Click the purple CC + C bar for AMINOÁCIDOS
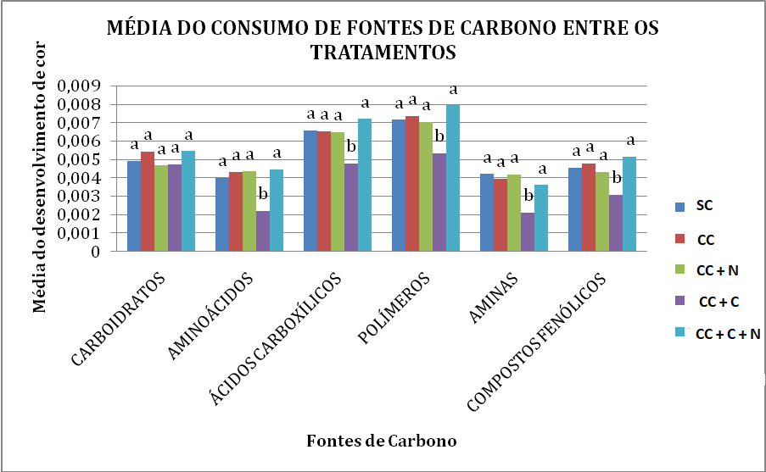(263, 231)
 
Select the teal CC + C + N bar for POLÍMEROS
(453, 178)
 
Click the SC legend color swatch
(679, 206)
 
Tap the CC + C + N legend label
(728, 335)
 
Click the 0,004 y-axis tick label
(77, 178)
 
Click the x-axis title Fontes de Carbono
(381, 441)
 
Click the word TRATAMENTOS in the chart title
(383, 53)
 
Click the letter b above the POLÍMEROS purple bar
(439, 136)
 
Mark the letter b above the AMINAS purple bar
(528, 196)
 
